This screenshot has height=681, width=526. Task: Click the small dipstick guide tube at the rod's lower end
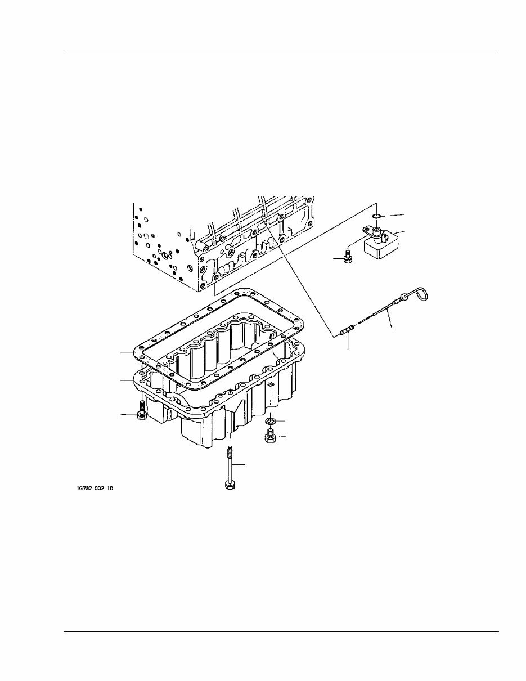[x=347, y=331]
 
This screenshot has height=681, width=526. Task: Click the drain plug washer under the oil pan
[x=271, y=422]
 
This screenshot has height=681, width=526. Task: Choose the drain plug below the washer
[x=270, y=436]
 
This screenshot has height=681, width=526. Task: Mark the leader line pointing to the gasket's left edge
[x=127, y=352]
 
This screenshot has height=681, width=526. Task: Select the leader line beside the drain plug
[x=281, y=437]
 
